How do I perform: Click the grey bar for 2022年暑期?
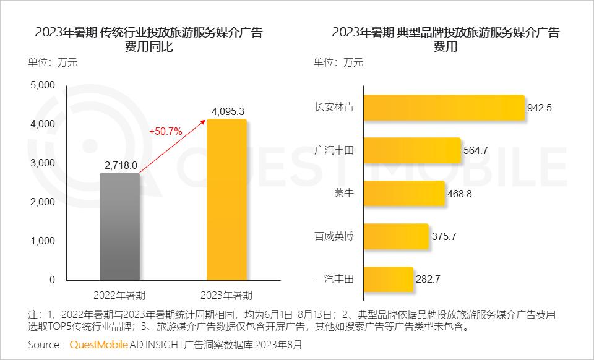point(119,226)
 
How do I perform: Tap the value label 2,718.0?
point(121,165)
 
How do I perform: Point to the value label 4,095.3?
point(228,111)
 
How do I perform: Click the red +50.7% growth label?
point(165,131)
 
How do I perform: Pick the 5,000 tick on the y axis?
point(43,85)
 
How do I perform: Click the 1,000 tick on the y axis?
point(43,241)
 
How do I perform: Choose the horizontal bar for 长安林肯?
point(443,107)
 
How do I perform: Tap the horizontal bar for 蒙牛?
point(404,193)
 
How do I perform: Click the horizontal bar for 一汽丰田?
point(388,279)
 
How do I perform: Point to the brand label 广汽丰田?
point(334,150)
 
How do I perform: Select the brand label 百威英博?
point(334,236)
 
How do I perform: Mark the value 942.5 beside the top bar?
point(539,108)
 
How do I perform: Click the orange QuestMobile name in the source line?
point(99,344)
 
